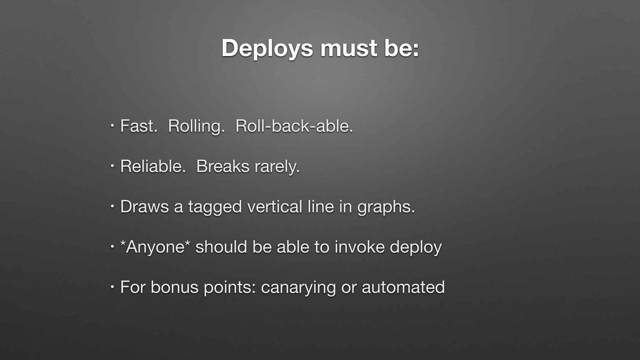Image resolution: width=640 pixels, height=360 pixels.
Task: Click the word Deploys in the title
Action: click(x=267, y=49)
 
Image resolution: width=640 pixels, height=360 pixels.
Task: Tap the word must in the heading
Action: click(x=349, y=49)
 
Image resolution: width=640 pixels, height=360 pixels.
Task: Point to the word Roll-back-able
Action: click(x=294, y=126)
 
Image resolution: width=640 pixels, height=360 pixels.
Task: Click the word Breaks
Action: click(x=223, y=166)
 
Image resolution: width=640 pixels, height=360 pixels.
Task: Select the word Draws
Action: click(x=145, y=207)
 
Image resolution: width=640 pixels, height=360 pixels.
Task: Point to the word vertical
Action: click(x=275, y=207)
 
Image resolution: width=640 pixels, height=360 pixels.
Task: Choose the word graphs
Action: click(x=386, y=208)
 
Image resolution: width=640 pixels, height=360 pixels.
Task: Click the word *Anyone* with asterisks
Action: click(x=156, y=247)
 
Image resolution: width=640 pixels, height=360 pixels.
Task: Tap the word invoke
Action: click(x=359, y=247)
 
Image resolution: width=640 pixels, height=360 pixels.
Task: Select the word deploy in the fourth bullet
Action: click(x=416, y=248)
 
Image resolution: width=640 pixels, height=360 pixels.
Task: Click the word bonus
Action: click(x=174, y=287)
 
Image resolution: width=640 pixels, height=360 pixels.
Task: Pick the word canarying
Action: click(x=298, y=288)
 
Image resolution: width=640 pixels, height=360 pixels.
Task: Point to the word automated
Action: click(x=403, y=287)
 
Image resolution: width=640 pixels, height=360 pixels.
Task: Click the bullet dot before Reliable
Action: click(x=112, y=165)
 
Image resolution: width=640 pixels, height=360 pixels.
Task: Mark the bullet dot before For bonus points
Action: click(x=112, y=287)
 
